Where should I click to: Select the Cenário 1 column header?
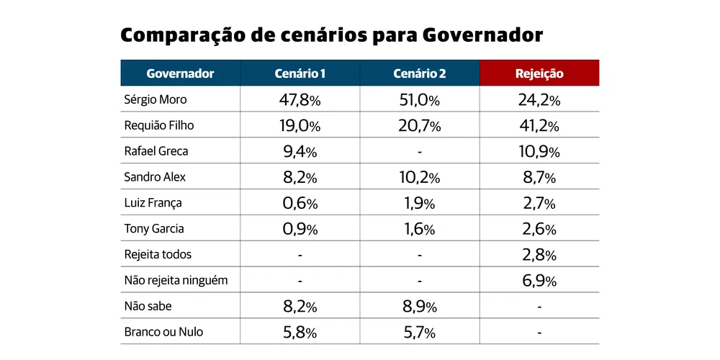(300, 73)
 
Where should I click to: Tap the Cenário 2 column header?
(419, 73)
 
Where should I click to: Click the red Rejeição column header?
(539, 73)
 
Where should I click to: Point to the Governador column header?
(180, 73)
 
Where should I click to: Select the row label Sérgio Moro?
(155, 99)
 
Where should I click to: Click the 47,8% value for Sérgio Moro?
(300, 100)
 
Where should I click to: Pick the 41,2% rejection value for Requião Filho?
(539, 126)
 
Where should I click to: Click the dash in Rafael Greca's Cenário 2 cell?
(419, 152)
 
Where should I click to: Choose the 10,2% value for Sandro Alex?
(419, 178)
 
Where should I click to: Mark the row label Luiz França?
(153, 203)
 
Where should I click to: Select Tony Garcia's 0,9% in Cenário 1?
(300, 230)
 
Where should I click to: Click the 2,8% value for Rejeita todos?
(539, 256)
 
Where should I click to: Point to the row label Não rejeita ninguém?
(176, 281)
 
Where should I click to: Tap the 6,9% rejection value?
(539, 282)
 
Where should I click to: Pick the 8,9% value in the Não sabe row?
(419, 307)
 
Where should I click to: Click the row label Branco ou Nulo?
(163, 333)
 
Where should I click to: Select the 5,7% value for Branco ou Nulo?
(419, 333)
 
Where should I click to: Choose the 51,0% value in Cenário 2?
(419, 100)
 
